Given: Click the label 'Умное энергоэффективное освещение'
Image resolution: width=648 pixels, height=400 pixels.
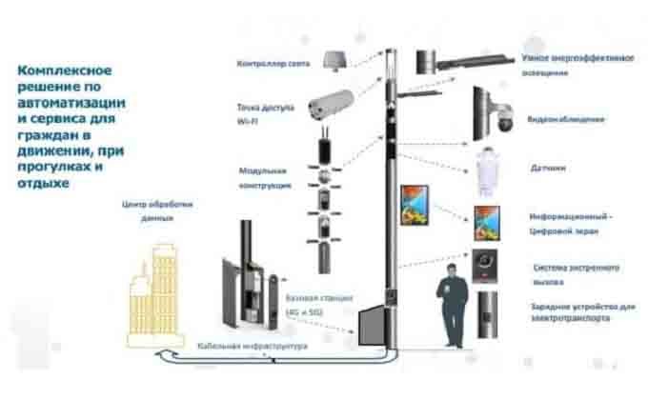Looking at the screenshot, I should coord(577,65).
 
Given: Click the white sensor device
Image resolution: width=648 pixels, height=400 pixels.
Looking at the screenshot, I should coord(490,171).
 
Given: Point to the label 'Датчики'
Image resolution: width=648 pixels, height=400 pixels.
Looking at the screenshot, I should coord(549,168).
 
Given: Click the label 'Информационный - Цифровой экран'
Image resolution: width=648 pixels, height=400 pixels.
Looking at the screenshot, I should coord(571,223).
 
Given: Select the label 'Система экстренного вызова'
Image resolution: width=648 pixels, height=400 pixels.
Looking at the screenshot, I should coord(577,274).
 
